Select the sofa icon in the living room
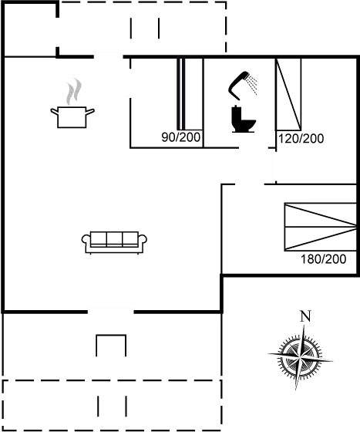pos(112,239)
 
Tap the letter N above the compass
pos(304,315)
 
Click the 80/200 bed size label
pos(180,138)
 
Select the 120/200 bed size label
pos(300,139)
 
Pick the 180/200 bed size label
pos(324,259)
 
